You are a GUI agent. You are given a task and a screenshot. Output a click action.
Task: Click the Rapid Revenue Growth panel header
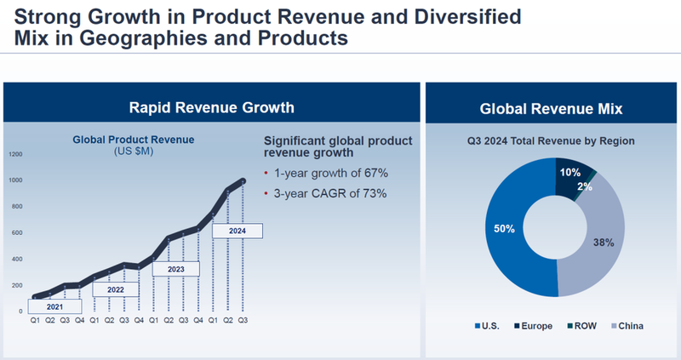211,107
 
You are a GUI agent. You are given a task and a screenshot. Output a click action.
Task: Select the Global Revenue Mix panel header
551,108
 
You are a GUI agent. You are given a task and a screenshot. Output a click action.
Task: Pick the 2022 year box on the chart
116,289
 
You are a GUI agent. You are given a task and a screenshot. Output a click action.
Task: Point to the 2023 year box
175,269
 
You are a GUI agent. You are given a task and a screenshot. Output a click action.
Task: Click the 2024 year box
237,230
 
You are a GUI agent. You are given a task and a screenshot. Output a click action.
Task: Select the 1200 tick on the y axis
16,154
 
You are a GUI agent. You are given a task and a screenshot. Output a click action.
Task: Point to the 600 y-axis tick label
18,232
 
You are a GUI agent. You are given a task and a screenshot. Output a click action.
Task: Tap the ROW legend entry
582,326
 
